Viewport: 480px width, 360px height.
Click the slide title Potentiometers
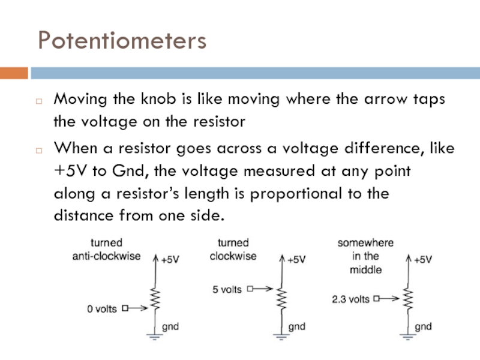click(122, 40)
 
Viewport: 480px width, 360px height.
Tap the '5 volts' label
click(227, 289)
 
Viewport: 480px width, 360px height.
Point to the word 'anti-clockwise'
click(106, 256)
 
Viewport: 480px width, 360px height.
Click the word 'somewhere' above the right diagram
click(365, 243)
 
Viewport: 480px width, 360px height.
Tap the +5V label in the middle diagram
click(296, 260)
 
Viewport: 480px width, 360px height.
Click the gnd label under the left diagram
click(171, 327)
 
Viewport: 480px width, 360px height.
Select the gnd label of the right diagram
click(424, 327)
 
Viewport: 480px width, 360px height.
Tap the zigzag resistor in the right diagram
click(408, 298)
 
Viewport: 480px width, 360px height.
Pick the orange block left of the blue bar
click(14, 73)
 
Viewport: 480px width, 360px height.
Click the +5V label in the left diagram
click(169, 260)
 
